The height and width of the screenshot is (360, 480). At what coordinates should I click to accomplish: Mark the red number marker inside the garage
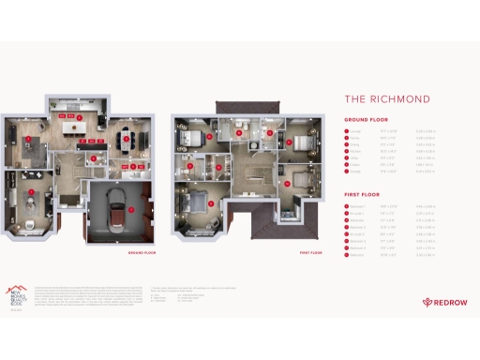[x=132, y=195]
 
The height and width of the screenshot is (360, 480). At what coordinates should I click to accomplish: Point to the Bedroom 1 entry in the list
[x=356, y=205]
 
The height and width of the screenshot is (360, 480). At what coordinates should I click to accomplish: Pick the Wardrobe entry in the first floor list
[x=356, y=220]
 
